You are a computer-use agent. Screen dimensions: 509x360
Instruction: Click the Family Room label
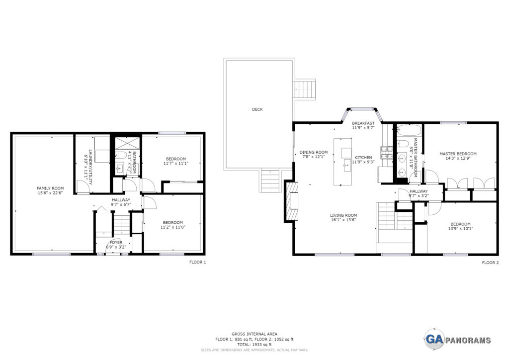pos(50,188)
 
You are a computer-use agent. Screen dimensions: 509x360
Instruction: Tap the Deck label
pos(257,109)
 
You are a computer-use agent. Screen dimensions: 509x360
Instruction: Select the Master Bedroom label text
pos(458,154)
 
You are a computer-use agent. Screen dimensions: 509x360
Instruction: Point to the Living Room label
pos(343,215)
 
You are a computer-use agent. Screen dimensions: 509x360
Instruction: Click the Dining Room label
pos(314,152)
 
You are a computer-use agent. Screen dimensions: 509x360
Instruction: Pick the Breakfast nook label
pos(363,123)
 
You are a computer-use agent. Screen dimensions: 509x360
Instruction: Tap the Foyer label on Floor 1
pos(116,243)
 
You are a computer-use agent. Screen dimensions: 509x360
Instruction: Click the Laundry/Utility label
pos(90,167)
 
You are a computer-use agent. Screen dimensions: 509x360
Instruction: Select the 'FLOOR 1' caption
pos(198,262)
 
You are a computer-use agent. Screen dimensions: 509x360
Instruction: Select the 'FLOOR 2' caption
pos(490,263)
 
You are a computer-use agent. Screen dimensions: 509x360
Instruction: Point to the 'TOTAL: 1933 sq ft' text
pos(254,345)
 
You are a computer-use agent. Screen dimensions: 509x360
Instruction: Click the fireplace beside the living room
pos(291,201)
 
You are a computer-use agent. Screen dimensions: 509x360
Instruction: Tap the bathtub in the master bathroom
pos(409,130)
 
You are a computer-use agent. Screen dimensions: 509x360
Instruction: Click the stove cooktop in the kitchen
pos(387,153)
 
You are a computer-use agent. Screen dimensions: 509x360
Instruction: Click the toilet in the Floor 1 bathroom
pos(121,155)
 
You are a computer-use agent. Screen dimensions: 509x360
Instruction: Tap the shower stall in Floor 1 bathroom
pos(127,143)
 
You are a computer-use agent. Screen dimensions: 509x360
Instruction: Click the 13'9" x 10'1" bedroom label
pos(460,226)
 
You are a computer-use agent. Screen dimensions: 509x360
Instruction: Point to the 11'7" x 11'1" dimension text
pos(175,163)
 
